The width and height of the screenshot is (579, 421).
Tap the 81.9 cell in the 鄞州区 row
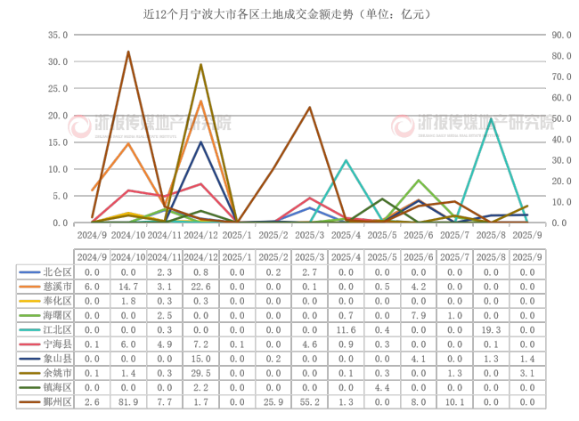tap(128, 403)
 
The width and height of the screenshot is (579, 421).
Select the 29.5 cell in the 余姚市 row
tap(200, 372)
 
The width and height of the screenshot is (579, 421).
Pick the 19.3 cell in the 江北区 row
tap(491, 329)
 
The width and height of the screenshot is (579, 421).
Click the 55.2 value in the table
tap(309, 403)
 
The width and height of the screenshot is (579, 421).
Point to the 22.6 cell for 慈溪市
tap(200, 287)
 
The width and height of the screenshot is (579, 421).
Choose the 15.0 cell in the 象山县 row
tap(200, 358)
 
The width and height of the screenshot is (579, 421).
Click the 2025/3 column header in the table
tap(309, 256)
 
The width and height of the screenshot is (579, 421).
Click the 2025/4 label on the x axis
tap(346, 235)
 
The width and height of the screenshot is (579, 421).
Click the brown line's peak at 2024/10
tap(128, 52)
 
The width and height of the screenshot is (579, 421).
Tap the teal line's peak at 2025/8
tap(491, 118)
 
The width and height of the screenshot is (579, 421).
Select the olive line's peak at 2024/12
tap(200, 64)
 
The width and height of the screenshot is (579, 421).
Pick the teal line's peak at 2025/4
tap(346, 160)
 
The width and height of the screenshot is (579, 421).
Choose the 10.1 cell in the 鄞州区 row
tap(454, 403)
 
